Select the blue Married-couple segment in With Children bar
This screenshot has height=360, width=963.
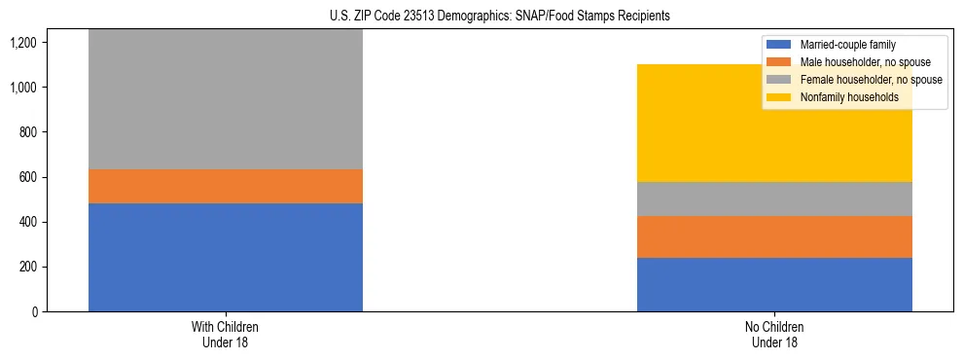point(226,257)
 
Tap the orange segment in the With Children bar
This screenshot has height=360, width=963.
point(226,186)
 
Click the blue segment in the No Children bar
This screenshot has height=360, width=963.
point(774,284)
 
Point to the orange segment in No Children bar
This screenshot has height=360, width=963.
point(774,236)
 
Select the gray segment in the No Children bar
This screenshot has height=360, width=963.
point(774,198)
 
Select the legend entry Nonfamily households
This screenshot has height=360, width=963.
point(842,97)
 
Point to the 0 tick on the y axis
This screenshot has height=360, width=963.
point(33,312)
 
